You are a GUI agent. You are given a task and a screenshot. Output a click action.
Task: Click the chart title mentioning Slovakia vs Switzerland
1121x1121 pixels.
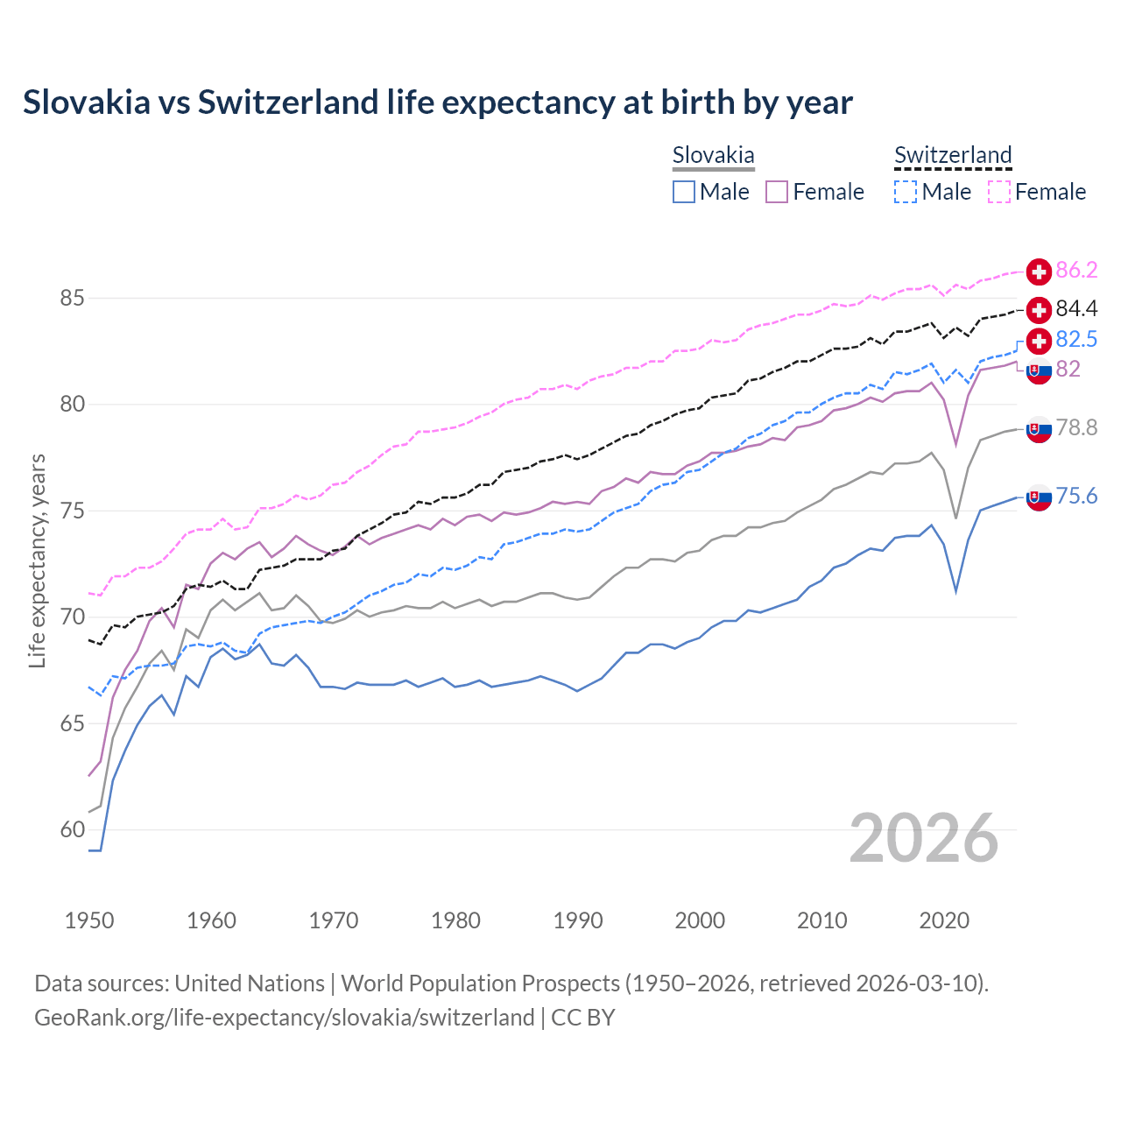coord(437,102)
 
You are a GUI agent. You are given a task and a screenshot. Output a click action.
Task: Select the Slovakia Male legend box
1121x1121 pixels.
coord(684,192)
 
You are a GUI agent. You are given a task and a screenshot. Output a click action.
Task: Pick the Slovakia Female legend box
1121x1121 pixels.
coord(777,192)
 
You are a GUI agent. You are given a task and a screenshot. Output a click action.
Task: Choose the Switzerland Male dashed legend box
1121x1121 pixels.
coord(906,192)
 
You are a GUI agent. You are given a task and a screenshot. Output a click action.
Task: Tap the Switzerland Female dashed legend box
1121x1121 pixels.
coord(999,192)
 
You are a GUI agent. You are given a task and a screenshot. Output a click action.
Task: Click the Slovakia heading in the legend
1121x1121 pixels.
coord(713,156)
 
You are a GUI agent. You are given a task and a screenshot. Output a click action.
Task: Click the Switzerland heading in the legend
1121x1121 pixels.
coord(953,156)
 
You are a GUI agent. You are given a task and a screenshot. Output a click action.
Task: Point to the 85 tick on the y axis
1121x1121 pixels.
coord(72,299)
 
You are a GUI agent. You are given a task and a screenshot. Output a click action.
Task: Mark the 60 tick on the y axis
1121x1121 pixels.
coord(72,829)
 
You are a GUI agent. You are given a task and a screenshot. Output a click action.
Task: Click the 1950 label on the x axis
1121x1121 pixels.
coord(89,920)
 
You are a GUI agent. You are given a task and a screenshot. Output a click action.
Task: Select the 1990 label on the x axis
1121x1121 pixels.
coord(578,920)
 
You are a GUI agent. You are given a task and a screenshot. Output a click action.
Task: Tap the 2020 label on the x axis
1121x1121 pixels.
coord(944,920)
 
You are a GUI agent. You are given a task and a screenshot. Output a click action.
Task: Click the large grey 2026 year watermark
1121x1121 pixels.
coord(923,838)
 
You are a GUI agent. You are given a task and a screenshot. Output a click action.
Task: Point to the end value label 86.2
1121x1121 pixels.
coord(1076,271)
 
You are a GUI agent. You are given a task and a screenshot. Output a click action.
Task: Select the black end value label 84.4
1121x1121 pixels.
coord(1076,309)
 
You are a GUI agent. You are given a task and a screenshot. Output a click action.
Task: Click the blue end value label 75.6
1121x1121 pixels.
coord(1076,497)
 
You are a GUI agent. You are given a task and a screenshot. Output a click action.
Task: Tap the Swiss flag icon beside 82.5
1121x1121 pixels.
coord(1039,341)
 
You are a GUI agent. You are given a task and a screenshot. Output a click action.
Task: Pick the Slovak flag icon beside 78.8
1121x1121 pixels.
coord(1039,429)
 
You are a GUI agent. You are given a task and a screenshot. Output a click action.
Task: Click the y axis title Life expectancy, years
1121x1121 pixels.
coord(37,560)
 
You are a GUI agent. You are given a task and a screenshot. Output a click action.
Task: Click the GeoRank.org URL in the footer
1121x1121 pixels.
coord(284,1018)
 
